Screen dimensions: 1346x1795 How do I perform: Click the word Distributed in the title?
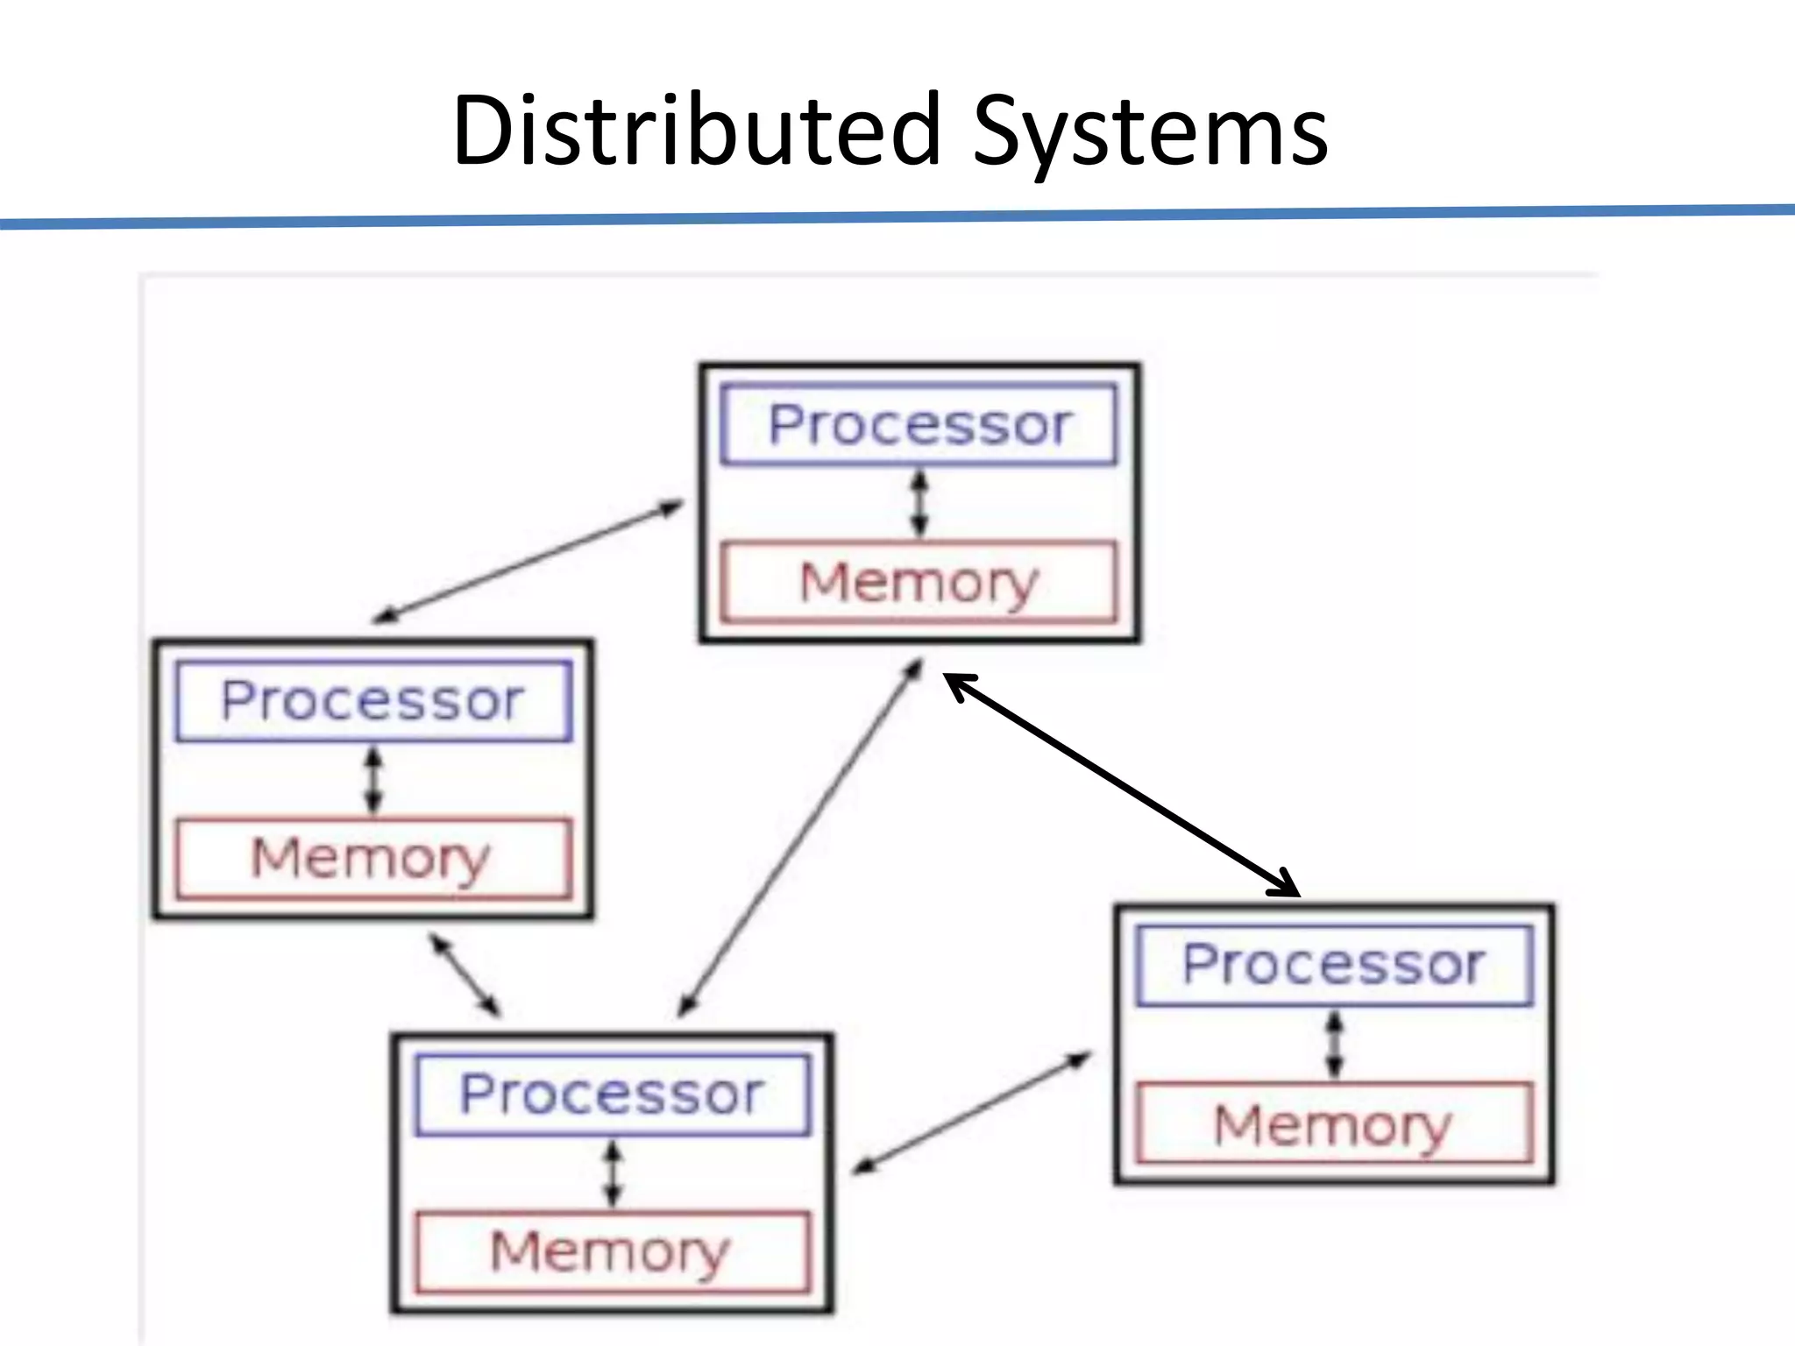pos(697,131)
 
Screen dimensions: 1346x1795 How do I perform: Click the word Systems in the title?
pos(1150,131)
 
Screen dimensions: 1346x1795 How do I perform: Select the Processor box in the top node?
pos(919,424)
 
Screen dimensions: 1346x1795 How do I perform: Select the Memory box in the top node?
pos(919,582)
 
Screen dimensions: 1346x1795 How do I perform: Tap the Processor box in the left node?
pos(373,701)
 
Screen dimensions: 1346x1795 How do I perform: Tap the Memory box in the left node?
pos(373,858)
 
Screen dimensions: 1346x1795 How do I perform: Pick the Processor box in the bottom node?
pos(613,1095)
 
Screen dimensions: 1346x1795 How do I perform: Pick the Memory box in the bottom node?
pos(613,1251)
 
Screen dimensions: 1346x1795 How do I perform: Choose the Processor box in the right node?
pos(1334,965)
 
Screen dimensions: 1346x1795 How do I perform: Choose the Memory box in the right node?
pos(1334,1123)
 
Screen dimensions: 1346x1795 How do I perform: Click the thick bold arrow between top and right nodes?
pos(1122,784)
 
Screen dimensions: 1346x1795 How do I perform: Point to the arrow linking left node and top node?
pos(529,561)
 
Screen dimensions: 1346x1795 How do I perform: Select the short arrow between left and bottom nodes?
pos(465,975)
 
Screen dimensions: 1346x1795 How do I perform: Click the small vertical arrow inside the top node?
pos(919,503)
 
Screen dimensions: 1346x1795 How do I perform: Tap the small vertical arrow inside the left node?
pos(374,779)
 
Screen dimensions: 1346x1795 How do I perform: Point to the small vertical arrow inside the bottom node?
pos(613,1172)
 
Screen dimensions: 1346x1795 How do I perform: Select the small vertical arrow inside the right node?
pos(1334,1045)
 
